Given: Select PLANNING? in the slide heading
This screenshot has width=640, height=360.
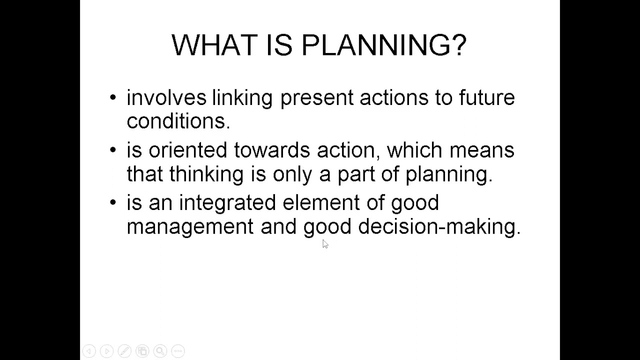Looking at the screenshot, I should [384, 45].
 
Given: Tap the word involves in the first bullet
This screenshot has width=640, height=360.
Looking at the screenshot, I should [166, 97].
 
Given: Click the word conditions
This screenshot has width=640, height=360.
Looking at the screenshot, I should [178, 121].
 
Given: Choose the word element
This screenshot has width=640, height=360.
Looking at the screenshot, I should [320, 202].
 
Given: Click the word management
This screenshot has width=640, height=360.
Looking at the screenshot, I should [190, 227].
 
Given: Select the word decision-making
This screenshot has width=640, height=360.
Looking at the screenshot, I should [439, 226].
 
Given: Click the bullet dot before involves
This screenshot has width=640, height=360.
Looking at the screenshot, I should [113, 97].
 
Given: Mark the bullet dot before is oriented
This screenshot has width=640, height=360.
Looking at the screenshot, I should [113, 150].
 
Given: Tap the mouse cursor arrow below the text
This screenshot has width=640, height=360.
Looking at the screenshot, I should [325, 243].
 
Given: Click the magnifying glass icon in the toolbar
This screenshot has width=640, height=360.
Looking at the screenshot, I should [160, 351].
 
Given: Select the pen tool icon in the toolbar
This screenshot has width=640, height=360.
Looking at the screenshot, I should [124, 351].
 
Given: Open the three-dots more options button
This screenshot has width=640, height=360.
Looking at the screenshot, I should [178, 351].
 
